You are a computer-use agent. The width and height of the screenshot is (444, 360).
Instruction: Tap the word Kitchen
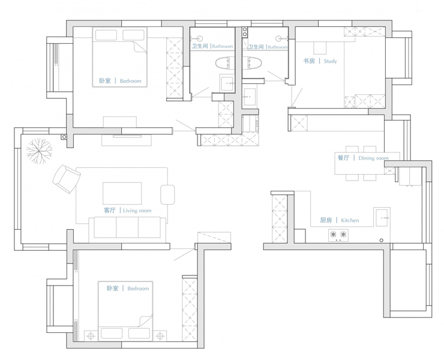coord(350,220)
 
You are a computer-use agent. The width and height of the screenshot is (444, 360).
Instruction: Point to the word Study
coord(330,61)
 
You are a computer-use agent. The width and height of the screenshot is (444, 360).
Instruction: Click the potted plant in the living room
coord(39,151)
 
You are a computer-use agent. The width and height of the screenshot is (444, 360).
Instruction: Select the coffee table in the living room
coord(122,193)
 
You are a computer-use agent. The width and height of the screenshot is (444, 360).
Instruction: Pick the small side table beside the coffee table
coord(167,194)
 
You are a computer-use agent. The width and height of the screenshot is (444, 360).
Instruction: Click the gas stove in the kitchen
coord(338,235)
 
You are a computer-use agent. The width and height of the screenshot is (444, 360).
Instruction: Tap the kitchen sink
coord(382,218)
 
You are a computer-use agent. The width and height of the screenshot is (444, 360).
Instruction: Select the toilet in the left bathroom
coord(225,63)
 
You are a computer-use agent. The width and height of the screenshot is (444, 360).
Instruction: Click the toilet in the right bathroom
coord(252,63)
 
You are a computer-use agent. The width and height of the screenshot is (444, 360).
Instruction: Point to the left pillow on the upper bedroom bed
coord(106,35)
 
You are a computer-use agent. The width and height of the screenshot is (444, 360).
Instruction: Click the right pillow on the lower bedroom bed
coord(139,334)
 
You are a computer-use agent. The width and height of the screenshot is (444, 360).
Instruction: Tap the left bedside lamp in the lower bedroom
coord(91,336)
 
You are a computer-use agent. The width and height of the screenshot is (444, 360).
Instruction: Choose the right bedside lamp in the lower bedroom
coord(160,336)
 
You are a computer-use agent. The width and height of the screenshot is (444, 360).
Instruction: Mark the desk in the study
coord(320,48)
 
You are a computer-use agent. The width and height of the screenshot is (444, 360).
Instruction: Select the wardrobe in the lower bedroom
coord(190,308)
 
